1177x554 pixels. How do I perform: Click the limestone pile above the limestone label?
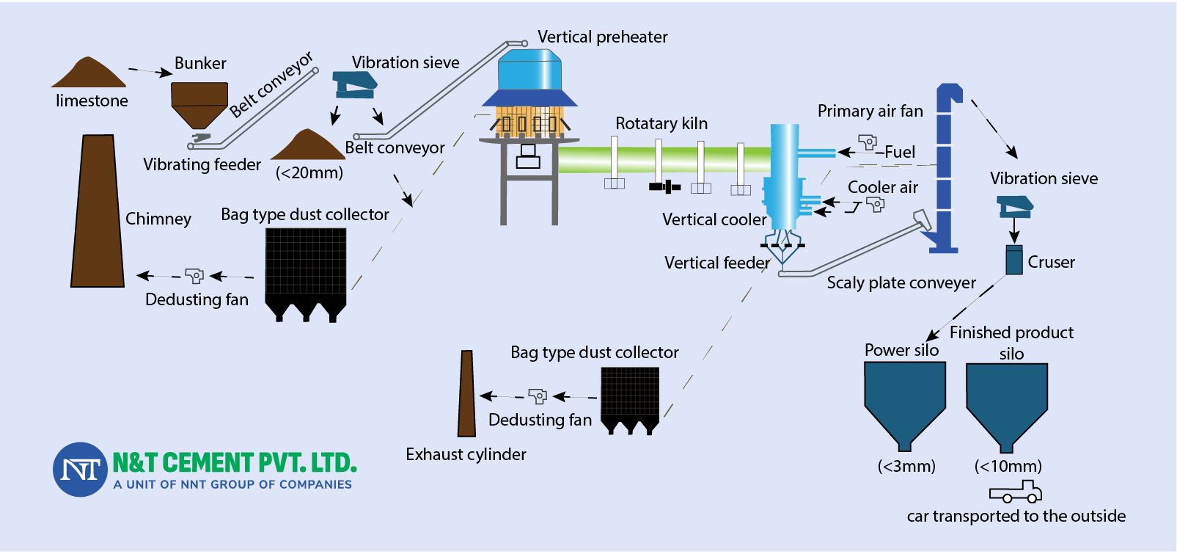(x=88, y=76)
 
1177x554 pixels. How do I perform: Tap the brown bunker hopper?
(x=199, y=102)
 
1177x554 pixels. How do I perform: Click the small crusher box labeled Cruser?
(x=1013, y=260)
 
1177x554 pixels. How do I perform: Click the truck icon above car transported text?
(x=1016, y=492)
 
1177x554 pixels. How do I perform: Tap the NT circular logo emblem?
(x=80, y=470)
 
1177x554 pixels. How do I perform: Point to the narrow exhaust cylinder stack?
(x=466, y=394)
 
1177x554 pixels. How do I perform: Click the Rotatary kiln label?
(x=661, y=123)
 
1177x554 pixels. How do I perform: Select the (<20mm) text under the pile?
(x=309, y=173)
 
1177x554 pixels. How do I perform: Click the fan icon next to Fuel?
(x=868, y=142)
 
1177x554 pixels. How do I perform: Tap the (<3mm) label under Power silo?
(x=906, y=466)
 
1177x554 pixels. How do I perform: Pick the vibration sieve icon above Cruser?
(x=1015, y=206)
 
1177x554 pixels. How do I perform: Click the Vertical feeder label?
(x=716, y=263)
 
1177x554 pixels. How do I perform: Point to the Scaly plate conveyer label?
(x=901, y=283)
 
